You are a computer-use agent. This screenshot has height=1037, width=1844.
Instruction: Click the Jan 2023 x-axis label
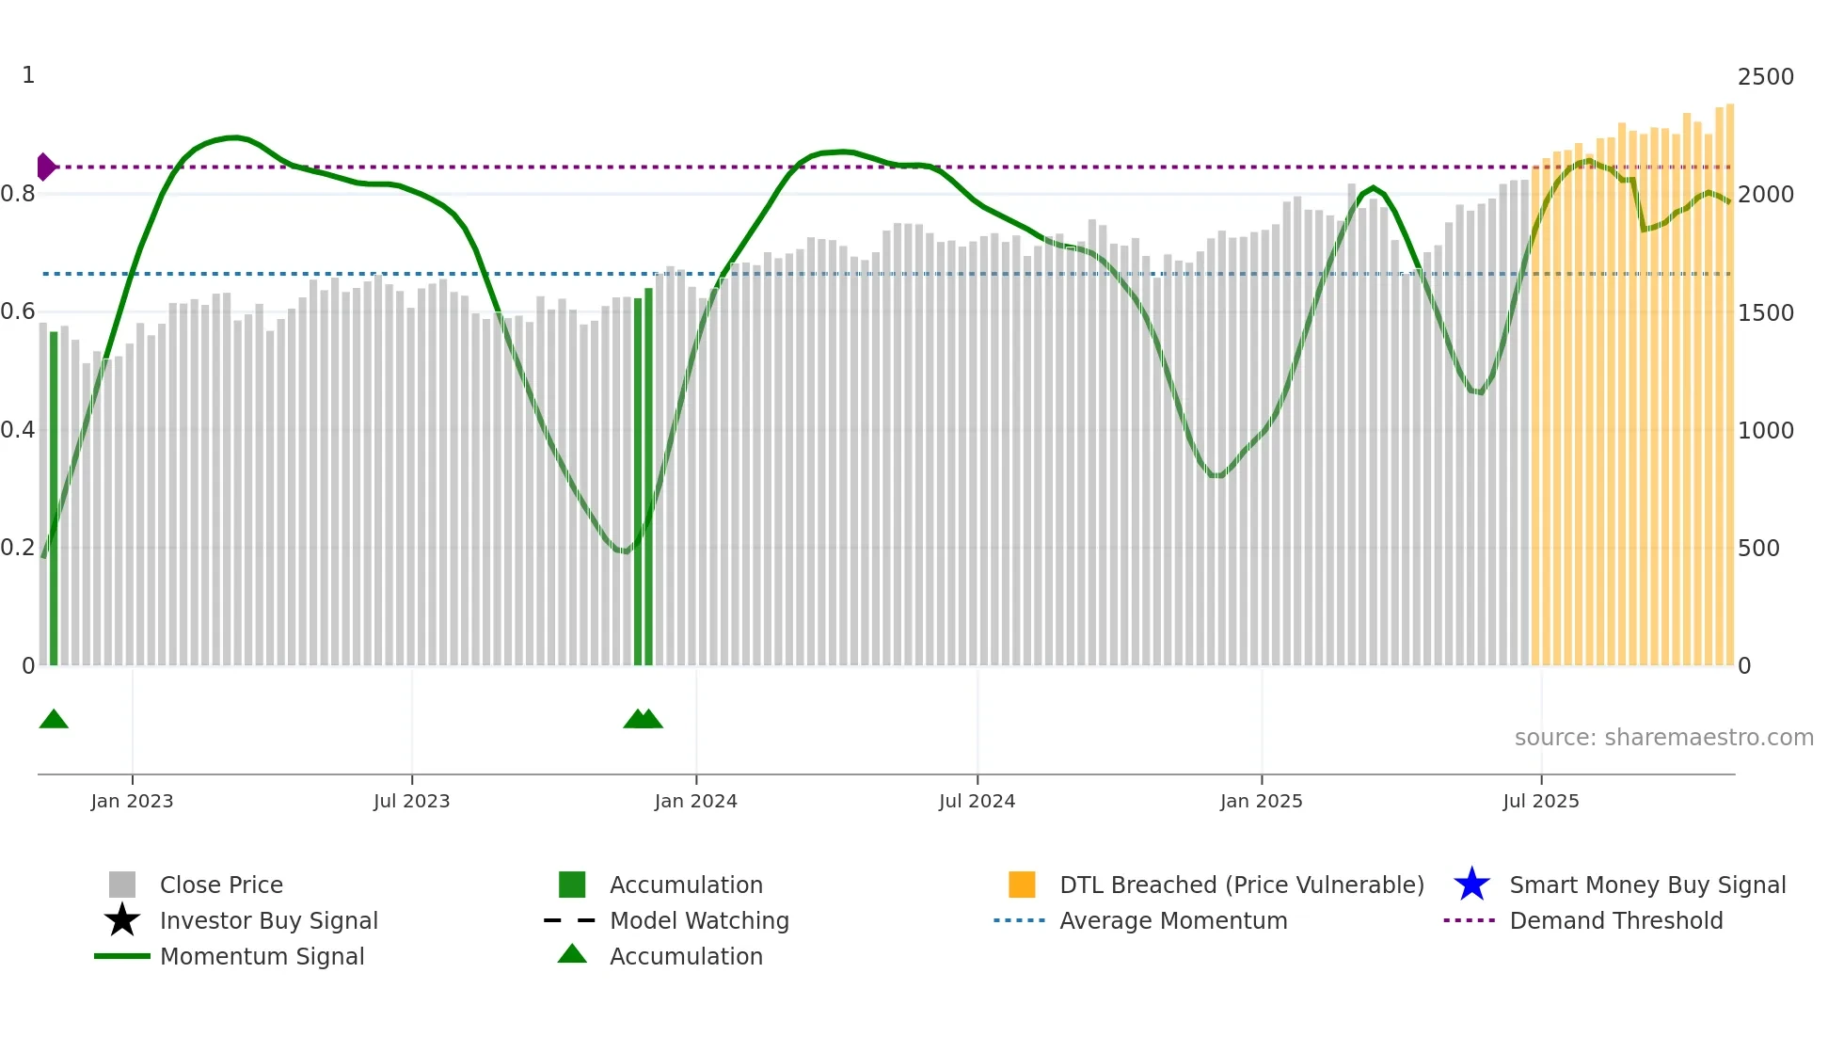click(132, 802)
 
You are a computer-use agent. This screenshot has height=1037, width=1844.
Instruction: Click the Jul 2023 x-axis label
click(411, 802)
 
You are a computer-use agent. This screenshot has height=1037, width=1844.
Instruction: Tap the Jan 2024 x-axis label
click(695, 802)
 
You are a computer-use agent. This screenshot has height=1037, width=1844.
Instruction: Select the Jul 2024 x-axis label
click(977, 802)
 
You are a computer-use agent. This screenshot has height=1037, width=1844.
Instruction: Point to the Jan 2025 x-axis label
click(1261, 802)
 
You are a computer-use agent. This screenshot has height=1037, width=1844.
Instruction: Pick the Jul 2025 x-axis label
click(1540, 802)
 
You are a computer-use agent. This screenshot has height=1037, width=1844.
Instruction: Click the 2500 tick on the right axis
click(1765, 77)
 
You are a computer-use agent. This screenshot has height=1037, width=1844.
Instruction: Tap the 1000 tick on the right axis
click(1765, 431)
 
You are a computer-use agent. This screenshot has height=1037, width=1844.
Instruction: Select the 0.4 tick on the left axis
click(18, 431)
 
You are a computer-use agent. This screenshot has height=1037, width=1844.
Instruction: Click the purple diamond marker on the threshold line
click(45, 167)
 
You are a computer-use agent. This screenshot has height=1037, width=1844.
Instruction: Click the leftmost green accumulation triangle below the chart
click(54, 720)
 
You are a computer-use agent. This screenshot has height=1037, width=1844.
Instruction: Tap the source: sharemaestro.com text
click(1663, 738)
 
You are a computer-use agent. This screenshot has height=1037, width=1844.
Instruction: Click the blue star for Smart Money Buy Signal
click(1471, 885)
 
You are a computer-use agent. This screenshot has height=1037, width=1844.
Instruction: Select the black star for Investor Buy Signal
click(122, 920)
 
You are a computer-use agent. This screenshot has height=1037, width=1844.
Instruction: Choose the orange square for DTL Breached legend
click(1022, 885)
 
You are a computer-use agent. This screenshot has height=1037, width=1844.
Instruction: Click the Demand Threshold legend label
click(1615, 921)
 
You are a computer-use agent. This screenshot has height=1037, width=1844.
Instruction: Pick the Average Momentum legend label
click(1173, 921)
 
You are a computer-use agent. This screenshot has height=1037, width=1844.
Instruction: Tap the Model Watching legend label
click(699, 921)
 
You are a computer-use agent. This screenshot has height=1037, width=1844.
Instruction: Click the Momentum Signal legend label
click(262, 957)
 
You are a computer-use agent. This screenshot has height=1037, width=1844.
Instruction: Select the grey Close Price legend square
click(122, 885)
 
